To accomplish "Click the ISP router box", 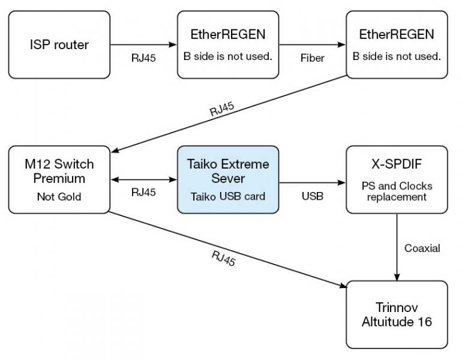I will point(59,44).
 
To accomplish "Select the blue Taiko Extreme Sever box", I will point(228,179).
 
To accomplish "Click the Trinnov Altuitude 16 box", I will point(396,314).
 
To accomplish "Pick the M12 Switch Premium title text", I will point(59,171).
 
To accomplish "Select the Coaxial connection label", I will point(422,248).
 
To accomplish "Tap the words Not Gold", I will point(59,196).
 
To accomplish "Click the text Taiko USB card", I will point(228,196).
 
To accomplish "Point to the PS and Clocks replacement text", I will point(396,191).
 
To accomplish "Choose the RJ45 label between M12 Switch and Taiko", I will point(144,193).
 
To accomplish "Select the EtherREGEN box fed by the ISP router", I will point(228,44).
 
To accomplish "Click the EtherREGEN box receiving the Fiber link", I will point(396,44).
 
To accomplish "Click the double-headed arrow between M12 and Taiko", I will point(143,179).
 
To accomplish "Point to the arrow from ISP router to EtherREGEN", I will point(143,44).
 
